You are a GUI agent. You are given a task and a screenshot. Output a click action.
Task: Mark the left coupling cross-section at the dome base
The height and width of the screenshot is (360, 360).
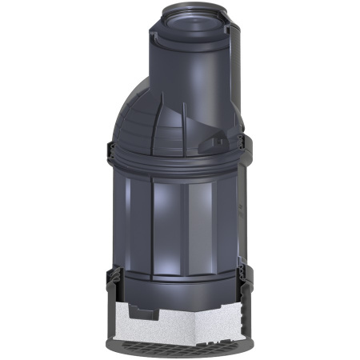click(x=110, y=154)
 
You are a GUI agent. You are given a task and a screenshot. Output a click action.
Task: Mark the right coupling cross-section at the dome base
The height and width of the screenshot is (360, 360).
click(x=247, y=152)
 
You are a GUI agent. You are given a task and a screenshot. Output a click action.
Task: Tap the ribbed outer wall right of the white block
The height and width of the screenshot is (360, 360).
click(x=250, y=316)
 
